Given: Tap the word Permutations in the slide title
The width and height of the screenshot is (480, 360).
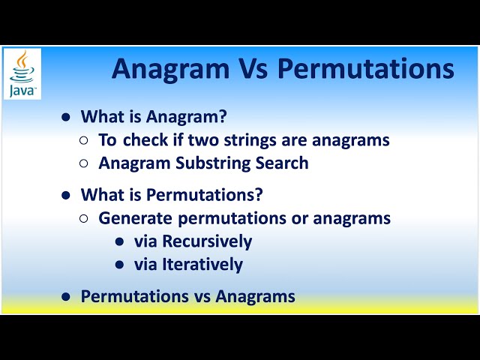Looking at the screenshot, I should [366, 68].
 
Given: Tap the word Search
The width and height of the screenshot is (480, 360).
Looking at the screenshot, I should [281, 163].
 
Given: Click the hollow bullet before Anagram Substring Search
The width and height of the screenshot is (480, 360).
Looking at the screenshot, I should [84, 163].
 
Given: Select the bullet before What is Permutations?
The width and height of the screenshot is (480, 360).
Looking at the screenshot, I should [66, 195].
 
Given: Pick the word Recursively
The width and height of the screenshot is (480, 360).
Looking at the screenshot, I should [207, 241].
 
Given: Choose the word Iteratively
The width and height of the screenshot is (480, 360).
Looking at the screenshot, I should [202, 264].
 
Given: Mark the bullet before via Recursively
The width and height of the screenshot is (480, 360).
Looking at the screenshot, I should [120, 242].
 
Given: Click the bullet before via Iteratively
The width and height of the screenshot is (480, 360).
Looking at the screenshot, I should [120, 265].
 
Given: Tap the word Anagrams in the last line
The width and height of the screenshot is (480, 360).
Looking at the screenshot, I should [256, 296].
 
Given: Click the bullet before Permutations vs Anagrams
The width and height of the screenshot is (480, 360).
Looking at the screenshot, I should [66, 297].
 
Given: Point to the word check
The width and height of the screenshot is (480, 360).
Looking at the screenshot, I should [143, 139].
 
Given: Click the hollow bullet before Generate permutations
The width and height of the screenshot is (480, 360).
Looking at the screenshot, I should [84, 219].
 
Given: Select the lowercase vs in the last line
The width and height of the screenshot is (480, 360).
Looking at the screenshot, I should [200, 296].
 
